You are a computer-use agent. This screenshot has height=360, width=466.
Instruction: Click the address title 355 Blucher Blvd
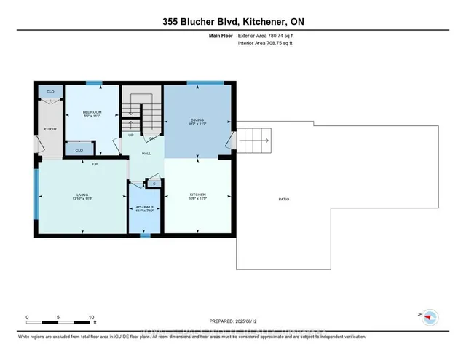point(233,21)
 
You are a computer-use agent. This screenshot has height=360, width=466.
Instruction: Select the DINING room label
point(197,120)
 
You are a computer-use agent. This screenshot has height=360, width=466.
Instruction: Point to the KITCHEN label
point(198,195)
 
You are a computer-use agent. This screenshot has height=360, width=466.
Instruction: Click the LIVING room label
point(82,195)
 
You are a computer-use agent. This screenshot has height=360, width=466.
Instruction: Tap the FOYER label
point(50,128)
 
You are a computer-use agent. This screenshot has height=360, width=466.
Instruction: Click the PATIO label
point(283,199)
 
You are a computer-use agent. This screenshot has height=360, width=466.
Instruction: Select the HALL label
point(146,153)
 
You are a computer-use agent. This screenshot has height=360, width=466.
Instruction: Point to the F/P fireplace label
point(94,164)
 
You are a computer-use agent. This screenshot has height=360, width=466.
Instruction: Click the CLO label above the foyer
point(50,92)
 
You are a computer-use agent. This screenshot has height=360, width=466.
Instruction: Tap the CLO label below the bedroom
point(79,150)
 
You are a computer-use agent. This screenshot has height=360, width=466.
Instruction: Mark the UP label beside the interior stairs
point(130,135)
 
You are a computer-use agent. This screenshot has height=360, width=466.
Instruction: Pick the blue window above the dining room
point(205,82)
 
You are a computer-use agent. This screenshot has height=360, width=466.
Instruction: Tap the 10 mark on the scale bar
point(91,318)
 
